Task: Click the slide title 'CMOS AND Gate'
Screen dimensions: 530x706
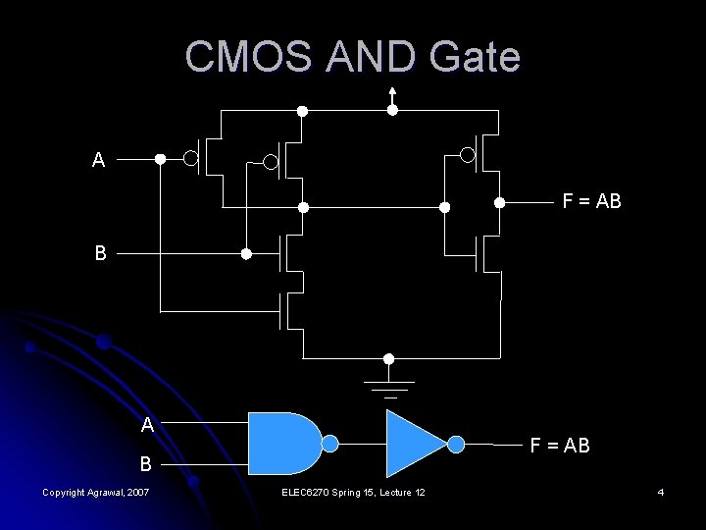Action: (x=352, y=58)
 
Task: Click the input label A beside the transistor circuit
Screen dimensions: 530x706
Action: (x=98, y=160)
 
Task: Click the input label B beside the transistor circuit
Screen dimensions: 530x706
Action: (x=100, y=252)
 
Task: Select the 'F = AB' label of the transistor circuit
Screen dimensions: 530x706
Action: (x=591, y=203)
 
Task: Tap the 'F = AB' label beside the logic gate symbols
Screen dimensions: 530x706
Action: (x=560, y=445)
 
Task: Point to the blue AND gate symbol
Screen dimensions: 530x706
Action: (x=284, y=444)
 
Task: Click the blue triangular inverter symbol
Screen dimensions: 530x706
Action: (x=417, y=444)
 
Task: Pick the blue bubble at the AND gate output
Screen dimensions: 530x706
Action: (x=330, y=444)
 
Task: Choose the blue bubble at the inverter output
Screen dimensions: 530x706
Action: (x=456, y=444)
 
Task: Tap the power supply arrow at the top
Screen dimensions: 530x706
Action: (x=392, y=94)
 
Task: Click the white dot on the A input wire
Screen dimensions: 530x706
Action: (x=161, y=158)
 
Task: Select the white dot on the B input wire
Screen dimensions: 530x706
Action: (x=246, y=253)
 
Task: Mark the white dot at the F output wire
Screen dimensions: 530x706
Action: (x=499, y=203)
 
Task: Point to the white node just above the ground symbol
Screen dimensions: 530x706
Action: (x=389, y=358)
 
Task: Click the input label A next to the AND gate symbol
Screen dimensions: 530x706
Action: (x=146, y=425)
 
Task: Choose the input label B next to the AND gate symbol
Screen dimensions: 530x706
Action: (x=146, y=462)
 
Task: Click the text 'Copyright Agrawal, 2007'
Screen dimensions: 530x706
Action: (x=96, y=491)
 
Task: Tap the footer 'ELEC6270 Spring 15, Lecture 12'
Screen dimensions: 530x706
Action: (x=353, y=491)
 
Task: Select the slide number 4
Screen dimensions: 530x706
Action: (x=661, y=491)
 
